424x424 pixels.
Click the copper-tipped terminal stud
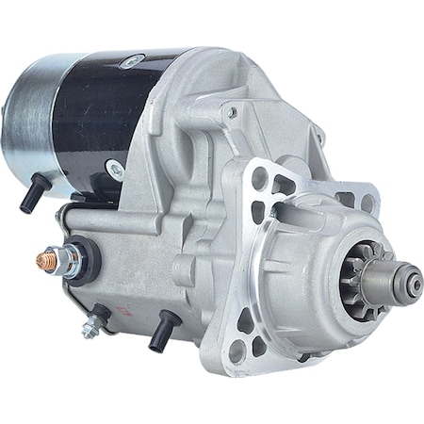(x=43, y=258)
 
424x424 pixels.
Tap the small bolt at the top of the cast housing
(x=231, y=112)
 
